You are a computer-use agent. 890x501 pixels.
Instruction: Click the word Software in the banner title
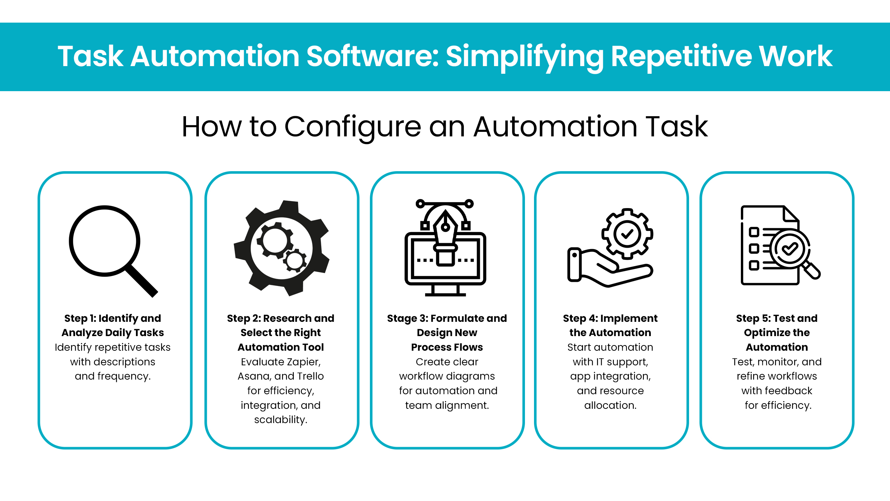(x=373, y=56)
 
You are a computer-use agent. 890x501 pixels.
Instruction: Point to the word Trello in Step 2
(x=310, y=376)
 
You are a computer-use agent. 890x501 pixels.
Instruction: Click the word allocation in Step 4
(x=610, y=405)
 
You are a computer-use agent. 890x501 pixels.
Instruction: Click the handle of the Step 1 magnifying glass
(x=142, y=281)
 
